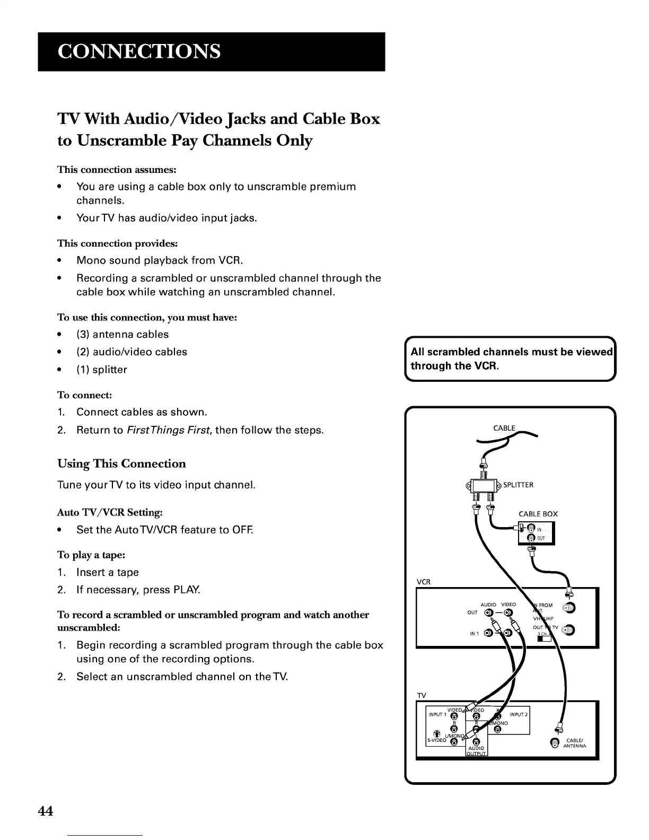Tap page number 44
[46, 811]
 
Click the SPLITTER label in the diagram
[518, 485]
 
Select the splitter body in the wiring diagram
[484, 485]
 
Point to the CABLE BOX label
[538, 514]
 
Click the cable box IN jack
[530, 529]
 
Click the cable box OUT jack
[531, 538]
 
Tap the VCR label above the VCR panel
[424, 582]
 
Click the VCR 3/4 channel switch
[544, 639]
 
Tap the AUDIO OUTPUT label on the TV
[476, 751]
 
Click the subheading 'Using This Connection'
[121, 463]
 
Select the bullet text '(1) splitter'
[102, 370]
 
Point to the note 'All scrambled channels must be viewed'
[512, 352]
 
